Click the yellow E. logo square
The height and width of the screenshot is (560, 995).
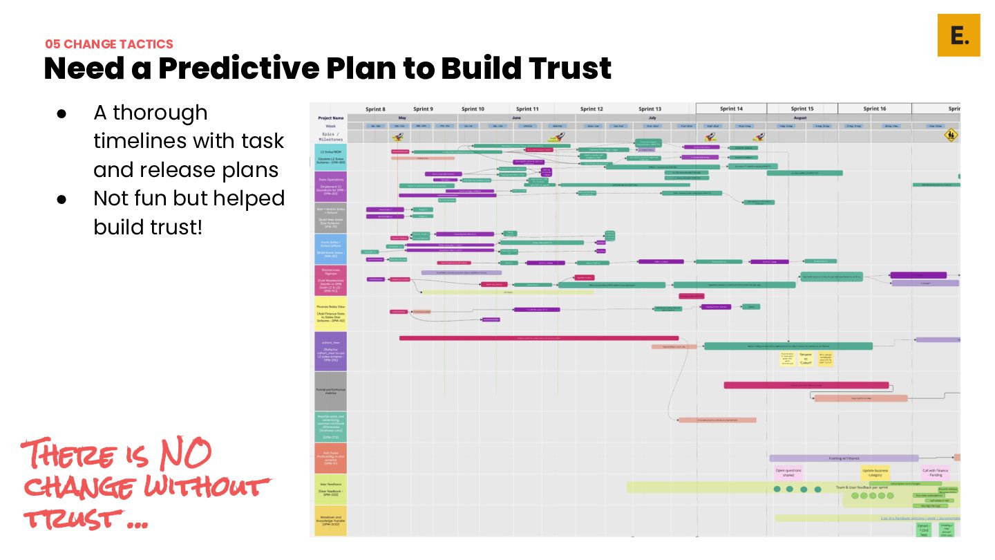pyautogui.click(x=958, y=35)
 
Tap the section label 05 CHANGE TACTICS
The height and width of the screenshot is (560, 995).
pyautogui.click(x=109, y=44)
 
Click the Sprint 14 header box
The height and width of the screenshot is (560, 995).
pyautogui.click(x=731, y=109)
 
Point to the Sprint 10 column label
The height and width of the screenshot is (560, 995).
pyautogui.click(x=473, y=109)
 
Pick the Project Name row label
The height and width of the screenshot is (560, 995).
pyautogui.click(x=330, y=118)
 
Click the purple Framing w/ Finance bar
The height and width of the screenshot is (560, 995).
pyautogui.click(x=844, y=458)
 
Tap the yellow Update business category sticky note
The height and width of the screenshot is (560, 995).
pyautogui.click(x=875, y=472)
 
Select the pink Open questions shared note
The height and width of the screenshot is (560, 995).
pyautogui.click(x=788, y=472)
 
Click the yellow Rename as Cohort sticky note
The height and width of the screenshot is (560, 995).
pyautogui.click(x=806, y=358)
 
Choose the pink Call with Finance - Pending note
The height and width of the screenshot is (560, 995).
pyautogui.click(x=936, y=472)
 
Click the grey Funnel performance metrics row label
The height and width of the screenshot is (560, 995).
pyautogui.click(x=330, y=391)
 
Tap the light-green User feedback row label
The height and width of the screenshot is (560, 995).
pyautogui.click(x=330, y=489)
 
